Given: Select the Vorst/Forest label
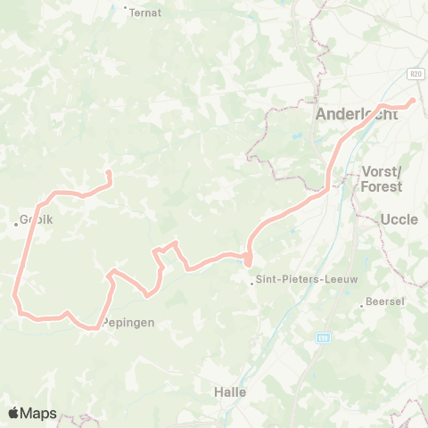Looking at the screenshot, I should (x=382, y=178).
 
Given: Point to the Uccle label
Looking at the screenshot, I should (x=399, y=218).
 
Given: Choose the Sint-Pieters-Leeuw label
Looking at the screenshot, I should (x=295, y=279).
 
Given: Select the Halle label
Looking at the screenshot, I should (x=230, y=391).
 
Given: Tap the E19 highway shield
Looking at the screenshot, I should (x=323, y=338).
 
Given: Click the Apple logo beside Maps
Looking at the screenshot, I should (x=14, y=413).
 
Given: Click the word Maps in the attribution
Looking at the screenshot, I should (x=39, y=413).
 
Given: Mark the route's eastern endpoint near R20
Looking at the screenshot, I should (x=412, y=101).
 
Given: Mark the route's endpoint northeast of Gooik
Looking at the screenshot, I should (x=109, y=173).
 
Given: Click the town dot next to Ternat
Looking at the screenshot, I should (x=126, y=7).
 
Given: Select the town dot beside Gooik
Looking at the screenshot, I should (x=16, y=224).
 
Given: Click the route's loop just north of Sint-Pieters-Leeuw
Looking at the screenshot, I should (x=248, y=259).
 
